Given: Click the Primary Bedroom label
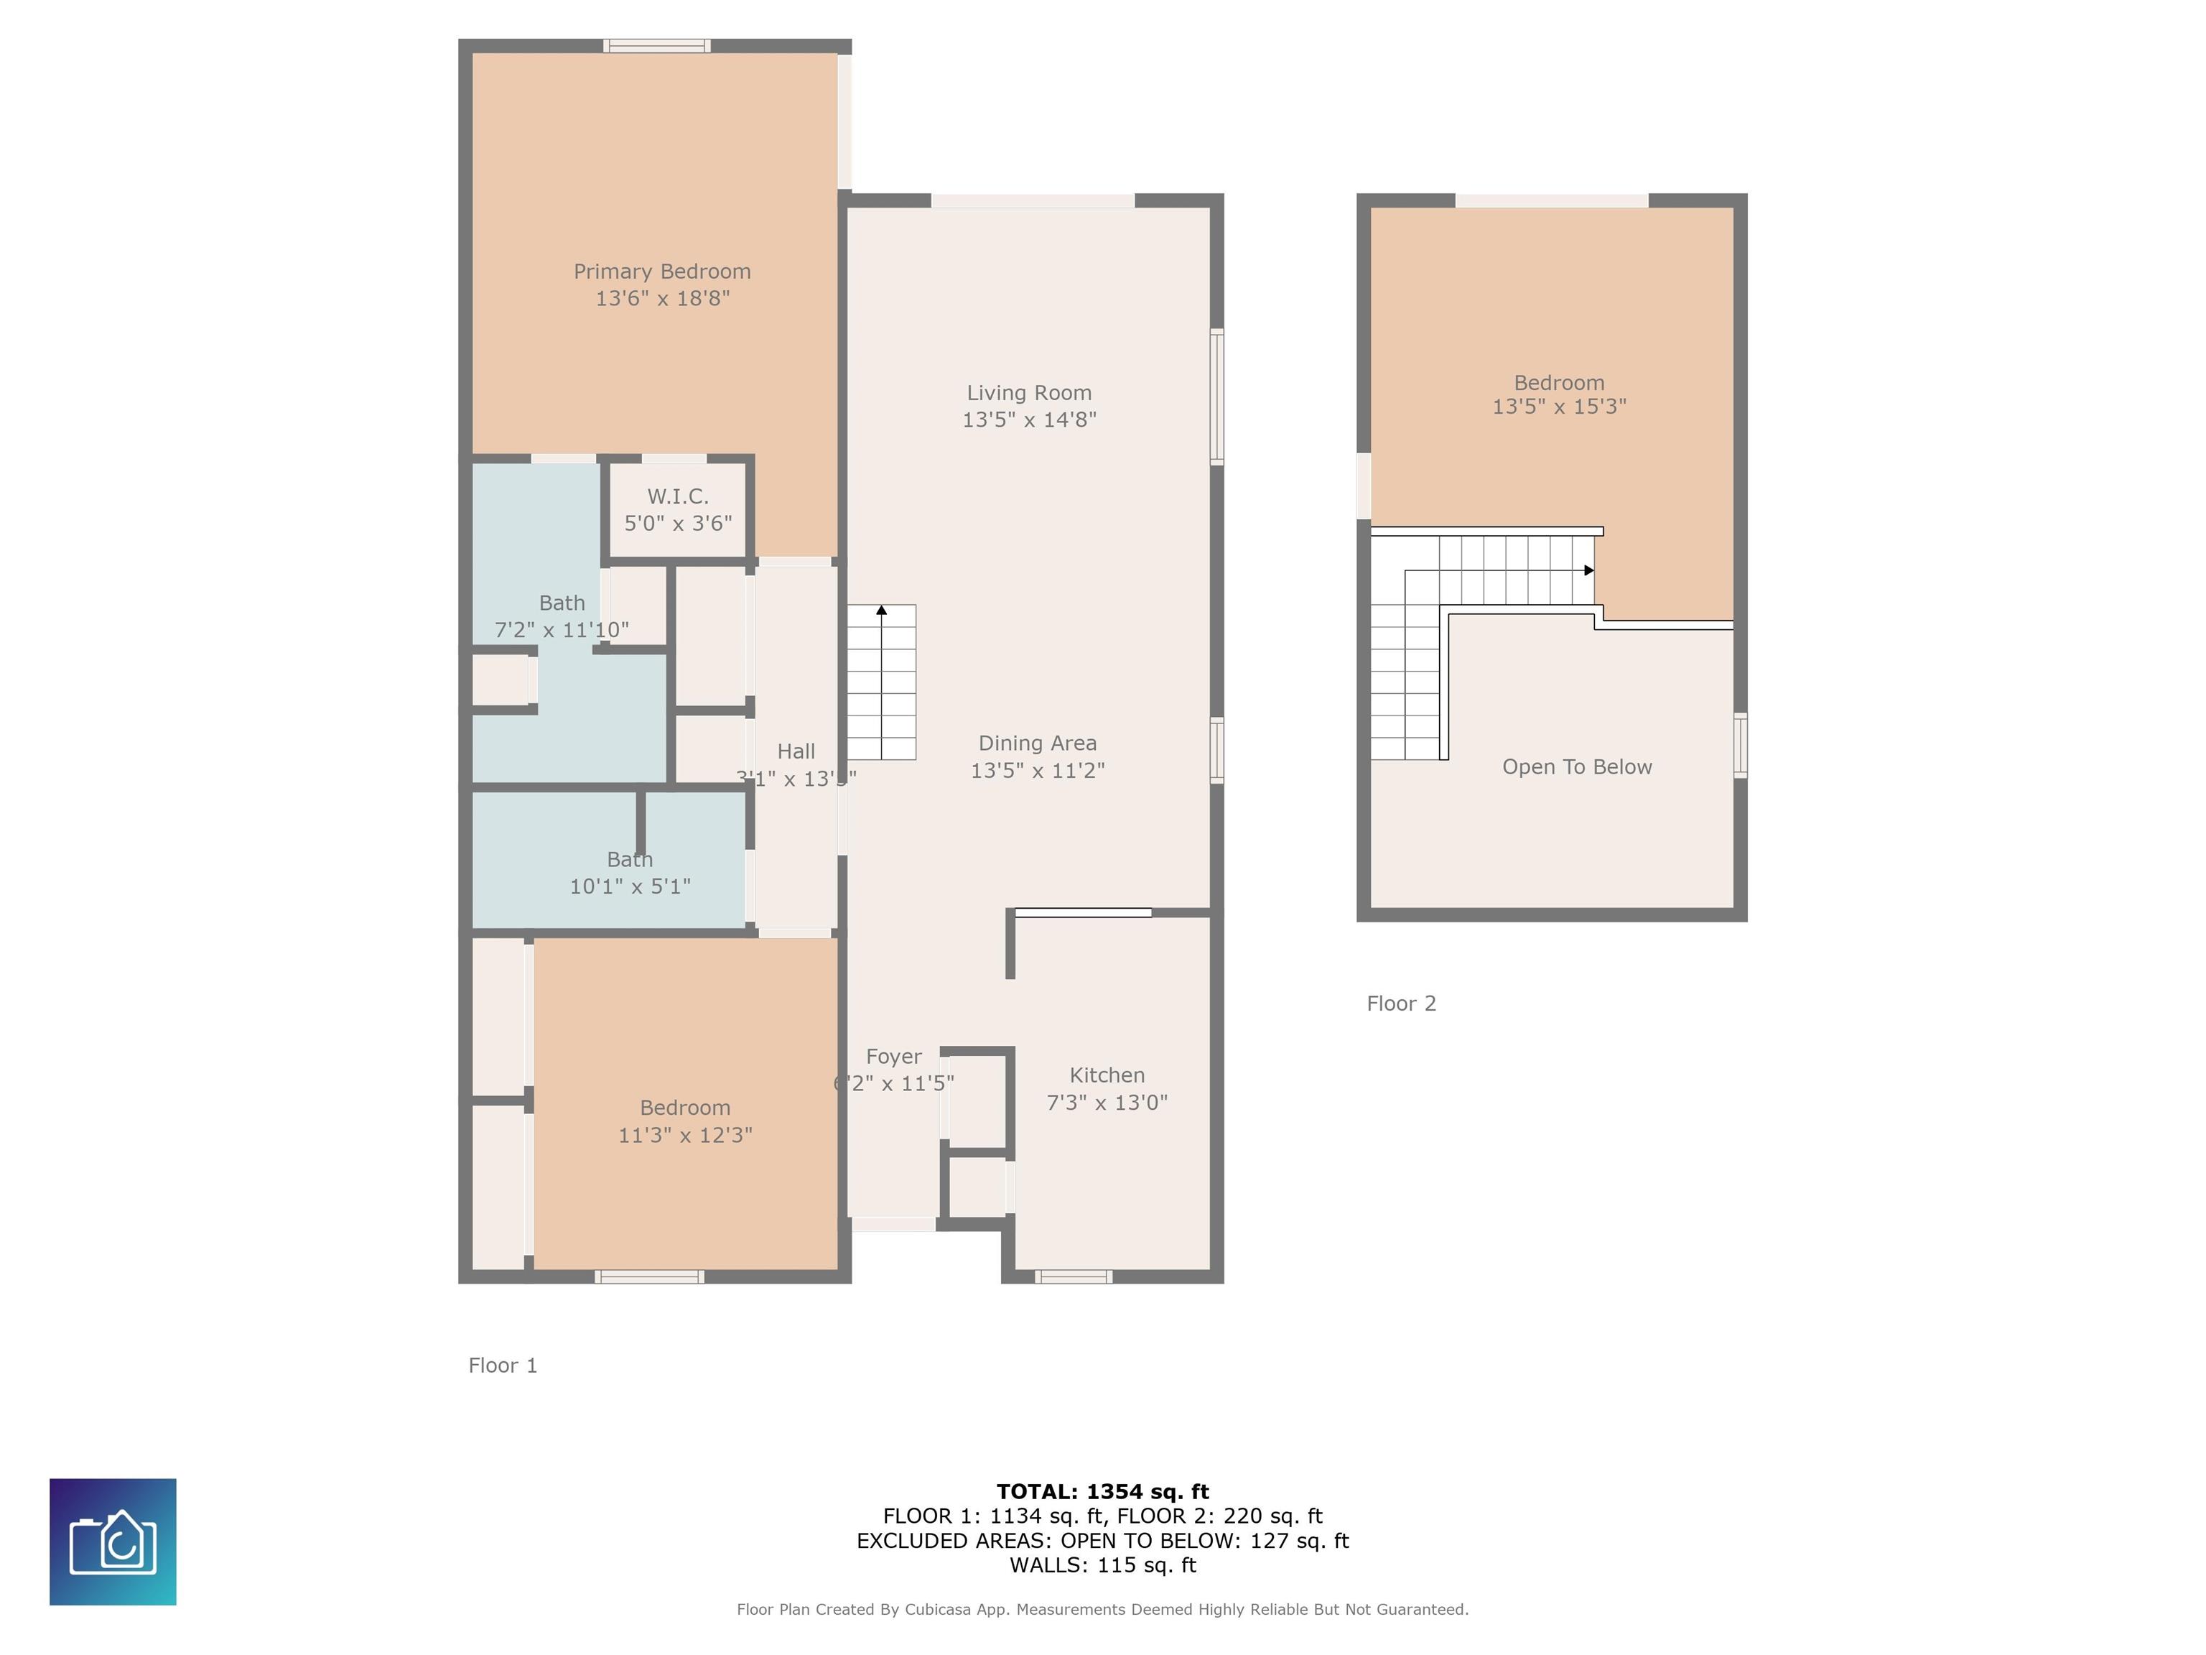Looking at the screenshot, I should [x=661, y=272].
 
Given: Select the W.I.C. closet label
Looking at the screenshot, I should [x=677, y=496].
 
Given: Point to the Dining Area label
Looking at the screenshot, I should [x=1036, y=743].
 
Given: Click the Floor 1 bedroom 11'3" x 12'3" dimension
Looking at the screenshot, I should [x=684, y=1135].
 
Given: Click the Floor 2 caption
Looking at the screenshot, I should [x=1400, y=1003].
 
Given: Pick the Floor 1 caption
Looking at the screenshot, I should [x=503, y=1366].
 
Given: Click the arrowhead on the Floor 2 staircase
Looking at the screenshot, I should [x=1588, y=570].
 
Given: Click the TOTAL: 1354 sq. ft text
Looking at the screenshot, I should [x=1102, y=1491].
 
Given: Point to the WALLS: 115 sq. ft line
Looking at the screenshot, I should [x=1102, y=1565].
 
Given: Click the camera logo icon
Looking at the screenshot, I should [x=113, y=1542].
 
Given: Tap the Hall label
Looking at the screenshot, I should [x=795, y=751].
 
